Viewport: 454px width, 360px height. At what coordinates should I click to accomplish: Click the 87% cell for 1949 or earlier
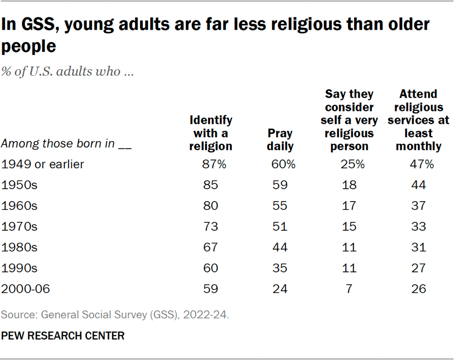[x=211, y=164]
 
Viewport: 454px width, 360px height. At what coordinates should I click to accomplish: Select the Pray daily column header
[x=281, y=139]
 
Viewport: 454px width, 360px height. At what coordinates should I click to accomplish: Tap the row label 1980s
[x=19, y=247]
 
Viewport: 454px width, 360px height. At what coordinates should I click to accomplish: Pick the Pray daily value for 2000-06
[x=281, y=289]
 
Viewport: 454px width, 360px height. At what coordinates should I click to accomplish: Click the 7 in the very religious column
[x=349, y=289]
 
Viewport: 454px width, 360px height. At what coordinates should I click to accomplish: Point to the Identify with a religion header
[x=211, y=132]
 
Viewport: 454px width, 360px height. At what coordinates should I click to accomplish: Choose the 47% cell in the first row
[x=418, y=164]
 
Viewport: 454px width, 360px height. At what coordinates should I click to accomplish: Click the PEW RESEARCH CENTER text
[x=63, y=336]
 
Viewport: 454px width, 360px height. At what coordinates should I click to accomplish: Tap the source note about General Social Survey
[x=116, y=313]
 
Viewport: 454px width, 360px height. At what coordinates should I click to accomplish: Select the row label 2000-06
[x=26, y=289]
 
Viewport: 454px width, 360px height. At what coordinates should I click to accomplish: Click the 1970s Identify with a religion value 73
[x=211, y=226]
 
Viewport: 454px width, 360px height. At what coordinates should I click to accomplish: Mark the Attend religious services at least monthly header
[x=418, y=120]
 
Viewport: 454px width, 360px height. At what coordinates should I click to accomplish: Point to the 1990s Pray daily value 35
[x=281, y=268]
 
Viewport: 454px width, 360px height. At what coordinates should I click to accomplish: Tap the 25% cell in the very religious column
[x=349, y=164]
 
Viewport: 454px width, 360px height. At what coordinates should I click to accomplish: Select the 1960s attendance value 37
[x=418, y=206]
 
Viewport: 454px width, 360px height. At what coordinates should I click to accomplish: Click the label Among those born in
[x=68, y=145]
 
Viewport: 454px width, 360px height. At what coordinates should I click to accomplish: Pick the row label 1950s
[x=19, y=185]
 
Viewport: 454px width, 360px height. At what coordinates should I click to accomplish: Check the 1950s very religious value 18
[x=349, y=185]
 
